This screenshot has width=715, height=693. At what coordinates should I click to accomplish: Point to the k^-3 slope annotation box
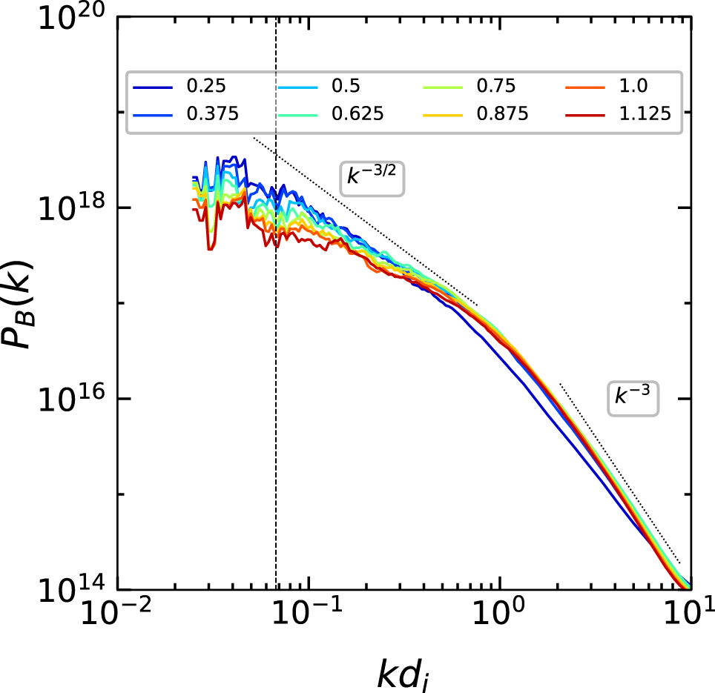633,397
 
